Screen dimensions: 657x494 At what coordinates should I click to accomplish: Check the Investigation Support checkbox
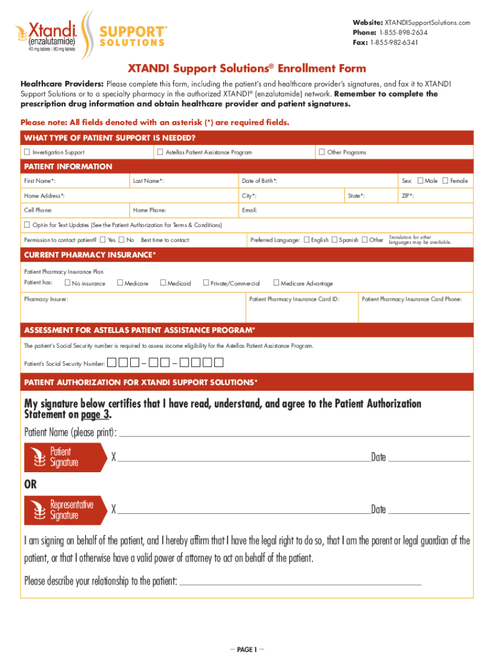pyautogui.click(x=27, y=152)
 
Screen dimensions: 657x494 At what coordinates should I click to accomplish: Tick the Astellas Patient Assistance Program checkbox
pyautogui.click(x=160, y=152)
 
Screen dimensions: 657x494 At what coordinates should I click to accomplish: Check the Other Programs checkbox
pyautogui.click(x=321, y=152)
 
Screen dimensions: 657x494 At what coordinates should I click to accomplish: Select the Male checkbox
pyautogui.click(x=420, y=181)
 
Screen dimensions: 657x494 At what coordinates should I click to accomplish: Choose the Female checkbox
pyautogui.click(x=445, y=181)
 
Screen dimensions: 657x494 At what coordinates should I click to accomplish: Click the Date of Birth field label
pyautogui.click(x=259, y=182)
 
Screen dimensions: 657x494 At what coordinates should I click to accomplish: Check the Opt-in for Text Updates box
pyautogui.click(x=27, y=225)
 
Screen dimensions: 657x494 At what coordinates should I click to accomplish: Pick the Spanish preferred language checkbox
pyautogui.click(x=334, y=240)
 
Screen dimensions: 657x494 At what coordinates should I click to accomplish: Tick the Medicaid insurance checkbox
pyautogui.click(x=163, y=283)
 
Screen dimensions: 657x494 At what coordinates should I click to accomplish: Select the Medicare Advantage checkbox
pyautogui.click(x=277, y=283)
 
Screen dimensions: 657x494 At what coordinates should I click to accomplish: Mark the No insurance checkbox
pyautogui.click(x=67, y=283)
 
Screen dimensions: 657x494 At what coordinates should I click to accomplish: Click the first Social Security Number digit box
pyautogui.click(x=112, y=363)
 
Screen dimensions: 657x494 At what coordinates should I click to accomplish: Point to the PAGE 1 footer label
pyautogui.click(x=247, y=649)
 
